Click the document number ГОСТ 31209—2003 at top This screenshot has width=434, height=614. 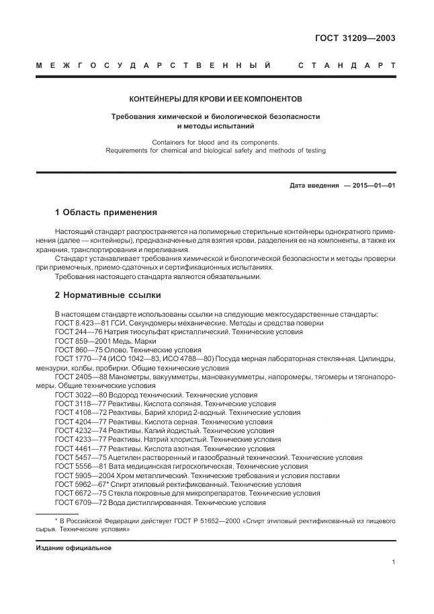tap(355, 38)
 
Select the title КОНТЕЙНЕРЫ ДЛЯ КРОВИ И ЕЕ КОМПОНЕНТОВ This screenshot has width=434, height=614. tap(216, 98)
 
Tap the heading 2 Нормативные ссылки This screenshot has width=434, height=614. tap(107, 295)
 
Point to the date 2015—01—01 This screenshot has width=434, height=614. tap(369, 185)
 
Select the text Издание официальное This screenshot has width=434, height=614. tap(74, 547)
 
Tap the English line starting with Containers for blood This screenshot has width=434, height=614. tap(215, 142)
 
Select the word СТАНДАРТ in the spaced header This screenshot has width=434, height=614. tap(346, 66)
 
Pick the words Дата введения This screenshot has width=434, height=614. tap(314, 185)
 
